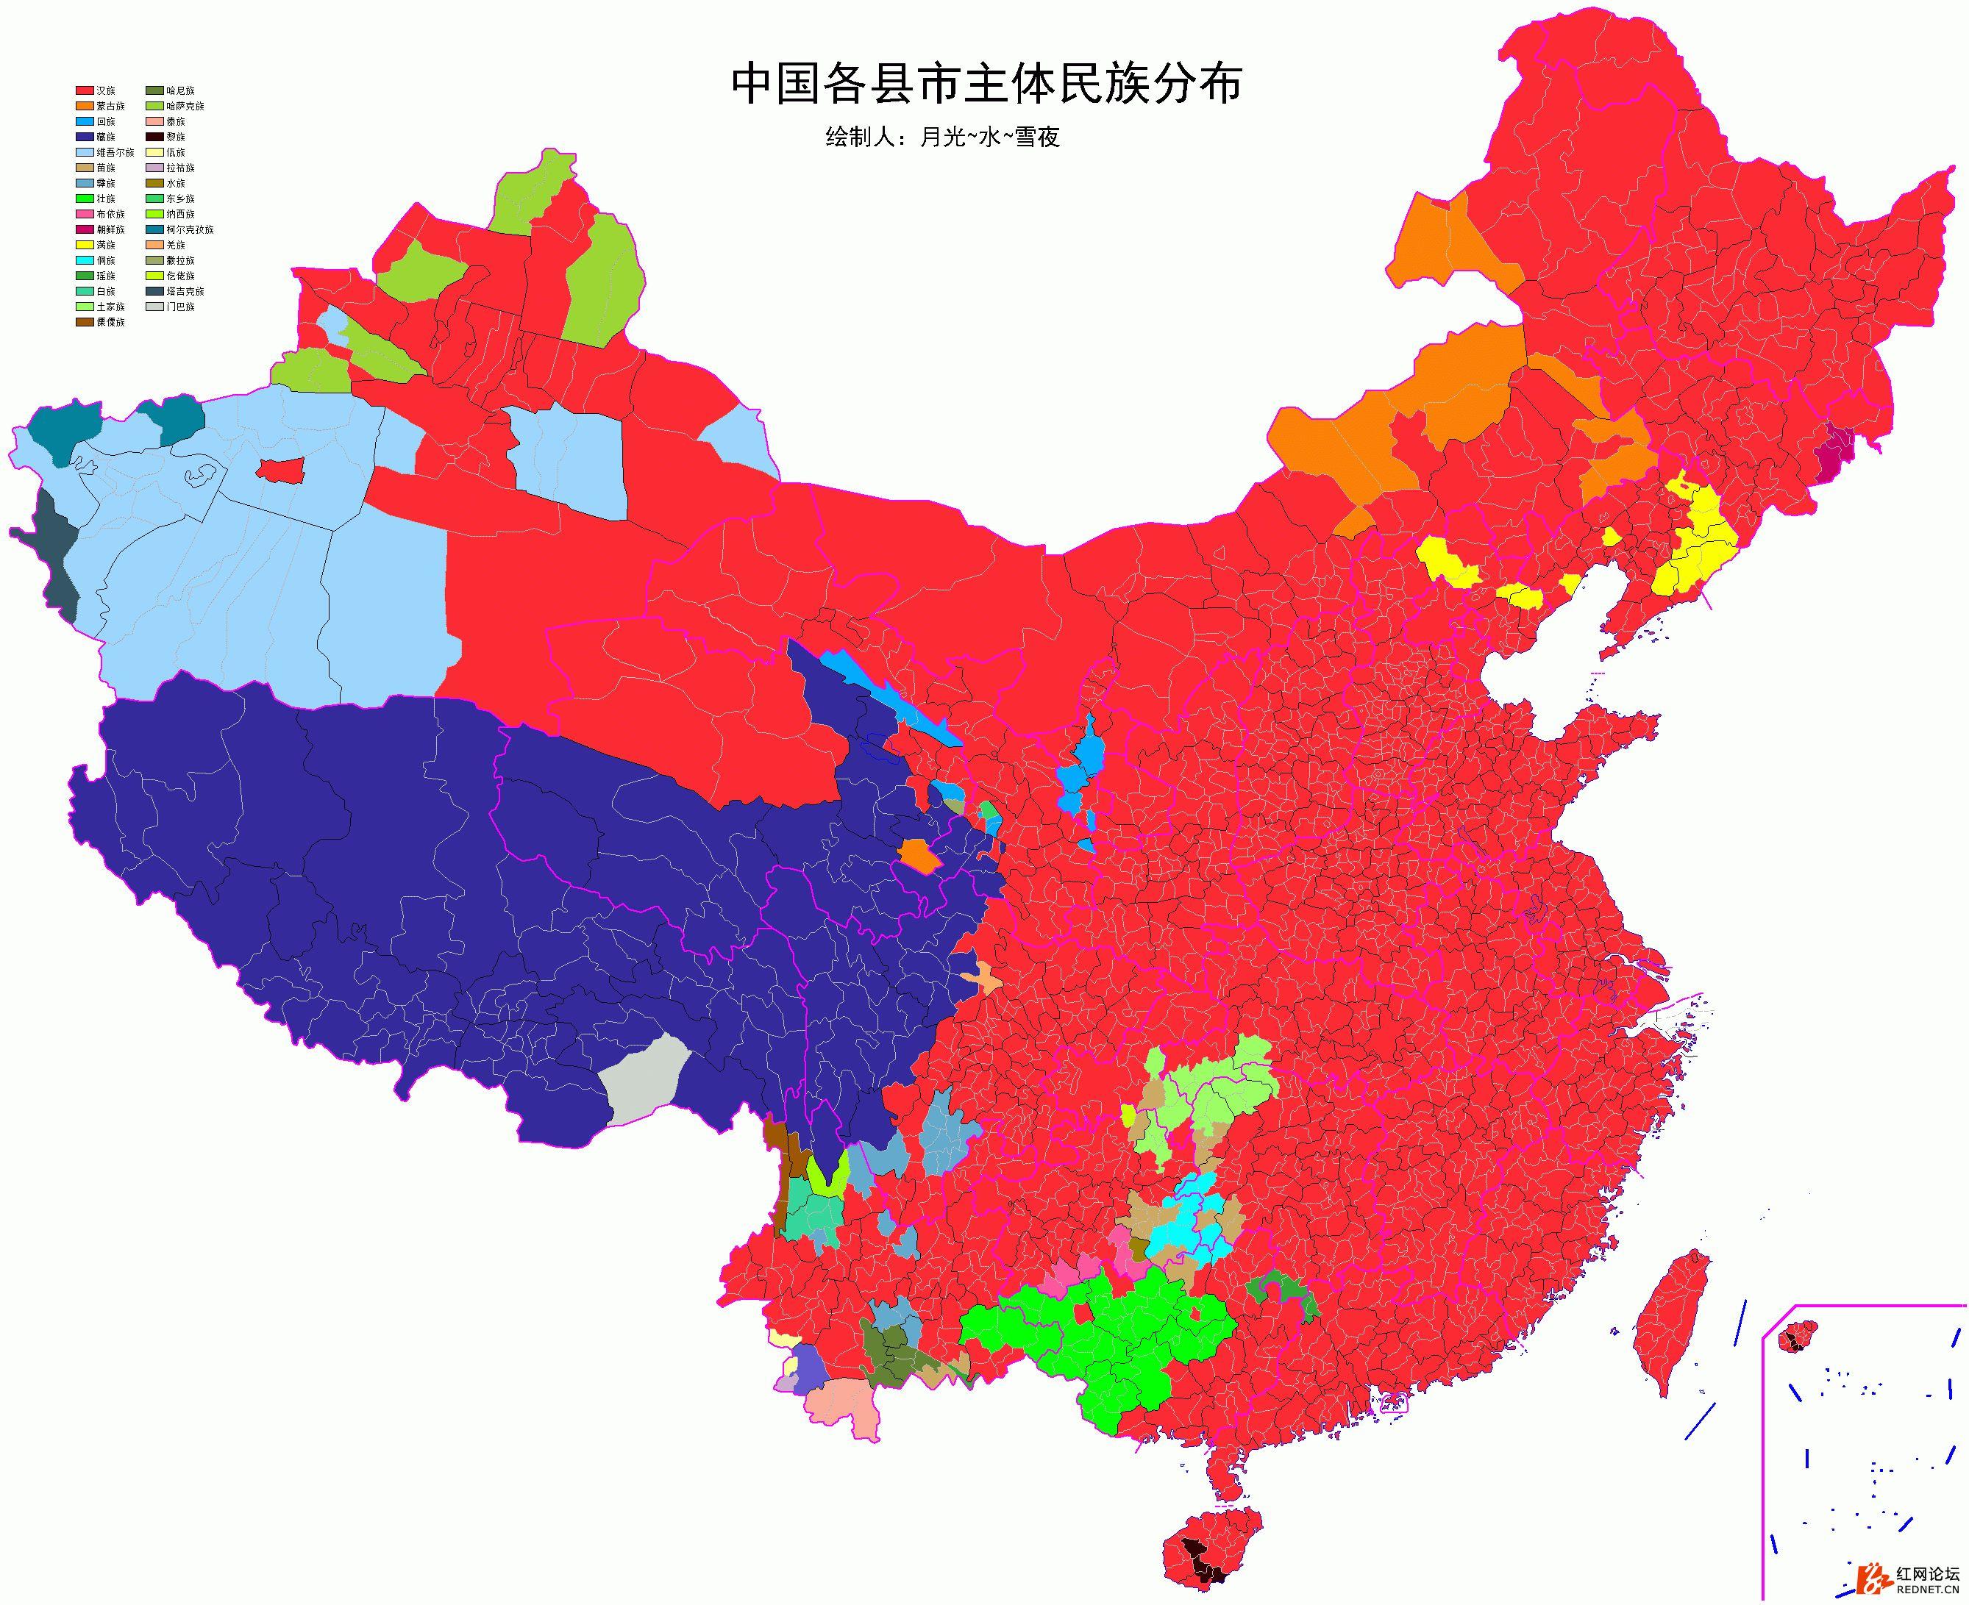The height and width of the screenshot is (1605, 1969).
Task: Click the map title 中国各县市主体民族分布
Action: tap(985, 84)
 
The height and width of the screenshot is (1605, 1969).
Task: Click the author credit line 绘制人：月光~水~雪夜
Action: tap(941, 137)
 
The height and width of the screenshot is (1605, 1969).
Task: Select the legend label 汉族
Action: tap(107, 90)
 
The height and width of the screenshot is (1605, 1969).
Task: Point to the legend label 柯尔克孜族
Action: tap(190, 229)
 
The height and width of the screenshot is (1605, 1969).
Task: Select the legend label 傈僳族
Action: tap(110, 322)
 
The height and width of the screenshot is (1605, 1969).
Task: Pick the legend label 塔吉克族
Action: tap(185, 291)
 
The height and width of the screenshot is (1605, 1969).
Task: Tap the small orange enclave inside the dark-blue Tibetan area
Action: tap(919, 854)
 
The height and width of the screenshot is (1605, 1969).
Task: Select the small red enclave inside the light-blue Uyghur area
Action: tap(280, 470)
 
